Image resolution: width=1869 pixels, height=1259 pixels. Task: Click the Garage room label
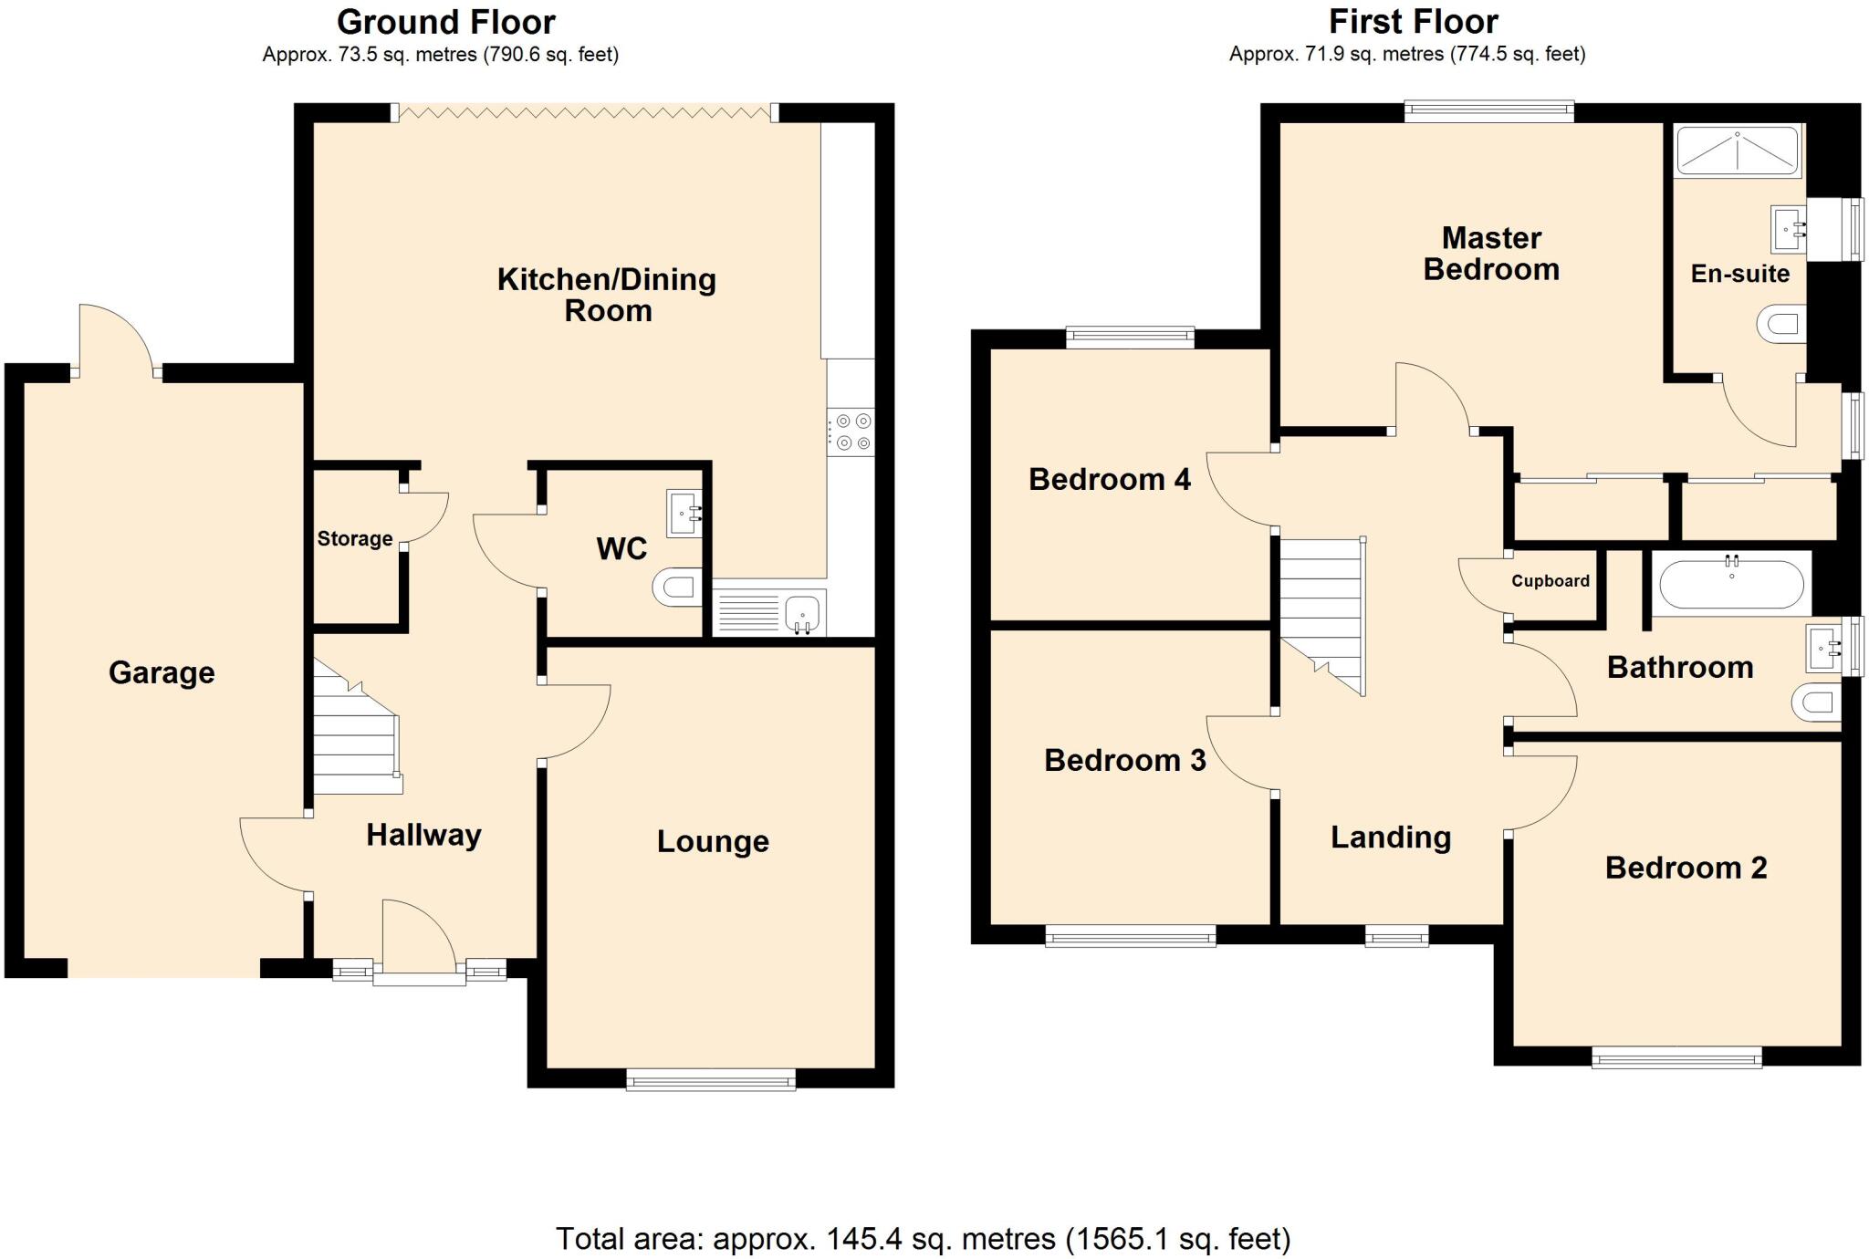coord(162,672)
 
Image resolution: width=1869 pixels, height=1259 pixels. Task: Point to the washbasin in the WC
coord(684,514)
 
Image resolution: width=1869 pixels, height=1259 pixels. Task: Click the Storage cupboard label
coord(355,538)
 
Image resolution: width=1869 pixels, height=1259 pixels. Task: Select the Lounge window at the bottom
coord(711,1081)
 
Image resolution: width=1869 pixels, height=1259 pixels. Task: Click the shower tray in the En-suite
coord(1738,151)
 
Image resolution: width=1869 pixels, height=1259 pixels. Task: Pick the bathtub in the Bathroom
coord(1731,585)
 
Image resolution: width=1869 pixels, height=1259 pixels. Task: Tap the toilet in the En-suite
coord(1780,324)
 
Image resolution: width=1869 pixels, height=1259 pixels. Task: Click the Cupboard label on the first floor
coord(1550,581)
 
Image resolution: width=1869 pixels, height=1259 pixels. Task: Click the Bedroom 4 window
coord(1130,338)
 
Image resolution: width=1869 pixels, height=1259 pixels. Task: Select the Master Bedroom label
coord(1491,254)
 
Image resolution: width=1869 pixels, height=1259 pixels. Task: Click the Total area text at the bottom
coord(923,1238)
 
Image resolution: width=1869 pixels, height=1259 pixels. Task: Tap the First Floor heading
coord(1413,21)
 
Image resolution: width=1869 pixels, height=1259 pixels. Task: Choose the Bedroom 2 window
coord(1676,1058)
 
